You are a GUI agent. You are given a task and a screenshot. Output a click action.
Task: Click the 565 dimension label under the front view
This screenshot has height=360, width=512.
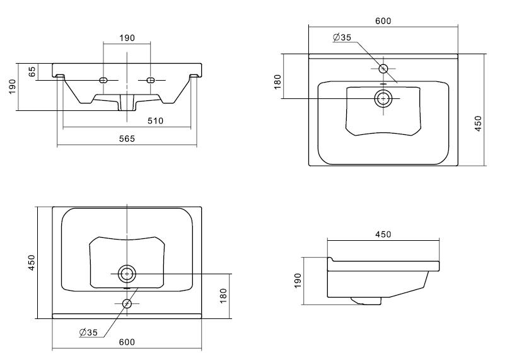[x=127, y=139]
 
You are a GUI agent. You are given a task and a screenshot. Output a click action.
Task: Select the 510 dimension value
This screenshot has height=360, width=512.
[x=155, y=120]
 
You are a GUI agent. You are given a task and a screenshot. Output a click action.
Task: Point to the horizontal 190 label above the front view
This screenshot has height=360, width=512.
[x=127, y=38]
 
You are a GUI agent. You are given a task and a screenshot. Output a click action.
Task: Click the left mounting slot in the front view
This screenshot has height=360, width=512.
[x=105, y=80]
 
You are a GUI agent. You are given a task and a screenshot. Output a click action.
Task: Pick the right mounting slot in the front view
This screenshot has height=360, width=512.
[x=151, y=80]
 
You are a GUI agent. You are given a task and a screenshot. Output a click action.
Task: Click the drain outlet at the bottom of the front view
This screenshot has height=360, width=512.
[x=127, y=106]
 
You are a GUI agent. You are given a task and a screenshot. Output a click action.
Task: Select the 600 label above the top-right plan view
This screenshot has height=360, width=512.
[x=383, y=21]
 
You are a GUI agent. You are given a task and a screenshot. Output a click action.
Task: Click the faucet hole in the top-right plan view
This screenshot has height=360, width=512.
[x=383, y=69]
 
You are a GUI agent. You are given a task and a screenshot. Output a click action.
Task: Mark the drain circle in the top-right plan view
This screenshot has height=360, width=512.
[x=383, y=98]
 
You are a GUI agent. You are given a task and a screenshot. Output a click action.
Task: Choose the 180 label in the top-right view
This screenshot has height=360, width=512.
[x=277, y=82]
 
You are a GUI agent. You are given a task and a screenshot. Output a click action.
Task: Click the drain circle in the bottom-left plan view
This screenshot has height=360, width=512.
[x=127, y=274]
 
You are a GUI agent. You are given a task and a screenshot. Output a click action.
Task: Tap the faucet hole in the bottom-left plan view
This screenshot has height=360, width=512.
[x=127, y=303]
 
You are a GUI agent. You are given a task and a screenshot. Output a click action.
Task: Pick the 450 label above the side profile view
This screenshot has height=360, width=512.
[x=383, y=235]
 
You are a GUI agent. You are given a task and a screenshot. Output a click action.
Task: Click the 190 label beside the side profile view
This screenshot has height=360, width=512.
[x=298, y=279]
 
